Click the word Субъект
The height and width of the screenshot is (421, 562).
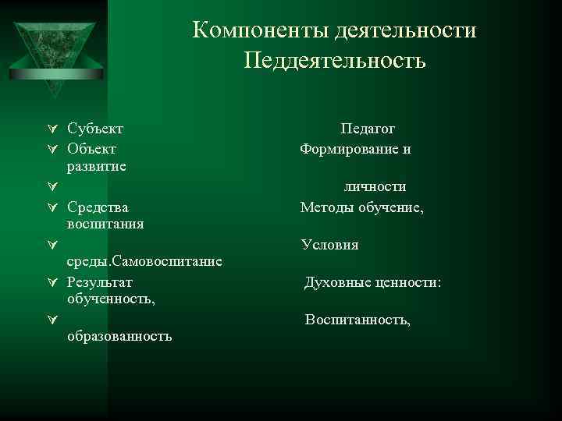coord(95,128)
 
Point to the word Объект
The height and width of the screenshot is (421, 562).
coord(92,147)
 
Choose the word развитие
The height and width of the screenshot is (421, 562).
coord(98,166)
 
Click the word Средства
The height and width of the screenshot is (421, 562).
coord(98,207)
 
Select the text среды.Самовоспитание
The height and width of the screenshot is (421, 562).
coord(144,260)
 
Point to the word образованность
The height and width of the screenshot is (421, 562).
coord(120,336)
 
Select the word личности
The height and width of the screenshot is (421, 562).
coord(375,187)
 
